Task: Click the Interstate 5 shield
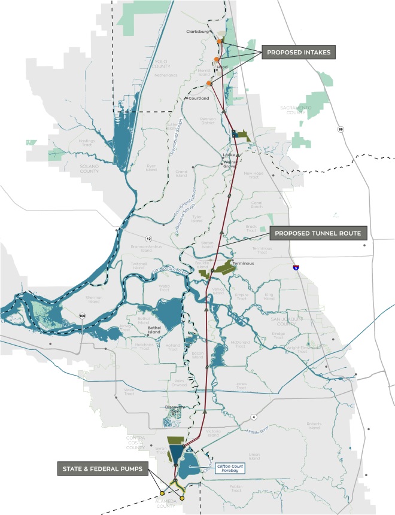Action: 296,268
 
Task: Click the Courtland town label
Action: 199,98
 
